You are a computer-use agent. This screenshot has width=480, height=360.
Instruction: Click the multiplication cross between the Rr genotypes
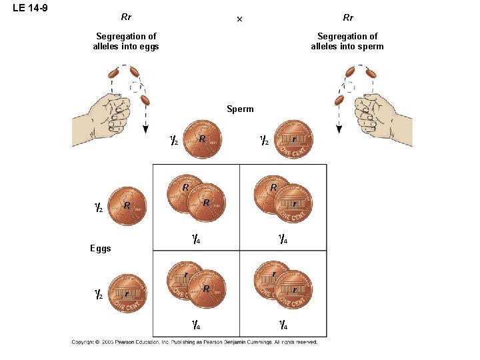click(x=240, y=19)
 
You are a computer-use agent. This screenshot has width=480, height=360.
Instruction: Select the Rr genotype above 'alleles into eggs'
click(x=126, y=17)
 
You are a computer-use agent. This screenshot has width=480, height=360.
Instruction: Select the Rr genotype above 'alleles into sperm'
click(x=348, y=17)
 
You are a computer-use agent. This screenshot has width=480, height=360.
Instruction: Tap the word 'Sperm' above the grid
click(x=240, y=109)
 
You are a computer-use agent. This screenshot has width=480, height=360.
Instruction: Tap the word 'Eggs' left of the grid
click(x=100, y=249)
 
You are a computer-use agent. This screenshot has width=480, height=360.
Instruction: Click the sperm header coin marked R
click(x=203, y=140)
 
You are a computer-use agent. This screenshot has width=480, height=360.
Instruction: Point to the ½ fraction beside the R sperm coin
click(x=173, y=141)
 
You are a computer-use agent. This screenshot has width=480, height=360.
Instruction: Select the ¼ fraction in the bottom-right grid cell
click(x=283, y=325)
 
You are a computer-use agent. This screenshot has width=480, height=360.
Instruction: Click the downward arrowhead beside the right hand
click(x=339, y=129)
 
